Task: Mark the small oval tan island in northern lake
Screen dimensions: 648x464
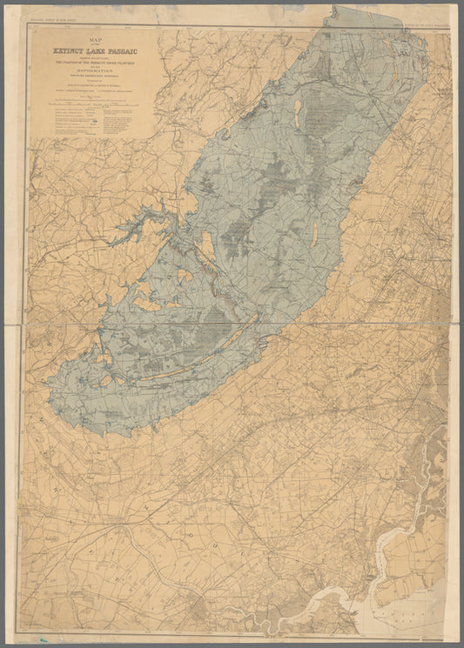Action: point(299,111)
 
